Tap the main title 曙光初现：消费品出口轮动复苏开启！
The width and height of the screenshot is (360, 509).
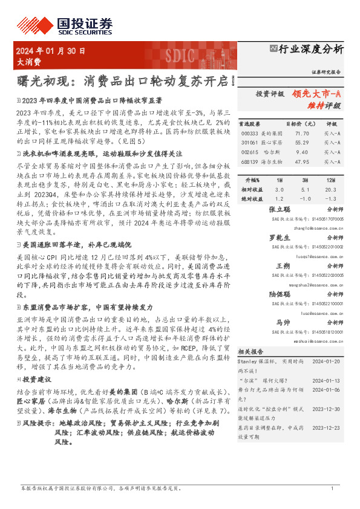(x=125, y=80)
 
